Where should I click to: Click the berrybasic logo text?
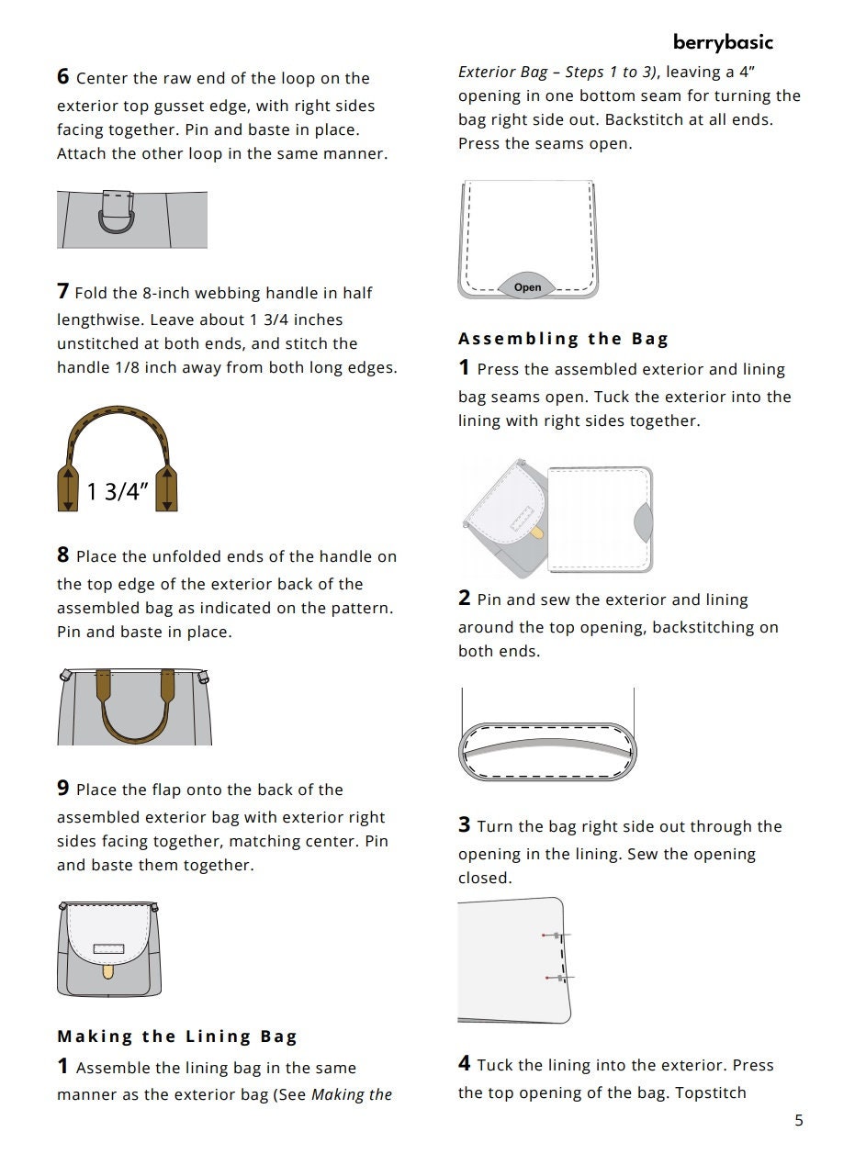[723, 42]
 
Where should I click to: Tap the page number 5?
[798, 1120]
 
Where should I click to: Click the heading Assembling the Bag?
[563, 339]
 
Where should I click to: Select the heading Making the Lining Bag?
[177, 1036]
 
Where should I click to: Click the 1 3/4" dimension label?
[118, 492]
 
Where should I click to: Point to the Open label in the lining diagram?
[527, 287]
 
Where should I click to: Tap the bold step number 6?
[63, 78]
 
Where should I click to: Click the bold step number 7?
[63, 292]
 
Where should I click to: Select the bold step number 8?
[63, 555]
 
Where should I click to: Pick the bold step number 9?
[63, 789]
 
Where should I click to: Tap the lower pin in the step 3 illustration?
[558, 979]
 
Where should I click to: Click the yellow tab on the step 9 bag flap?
[108, 969]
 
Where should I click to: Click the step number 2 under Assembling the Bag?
[465, 599]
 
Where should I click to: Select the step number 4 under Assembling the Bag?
[465, 1064]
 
